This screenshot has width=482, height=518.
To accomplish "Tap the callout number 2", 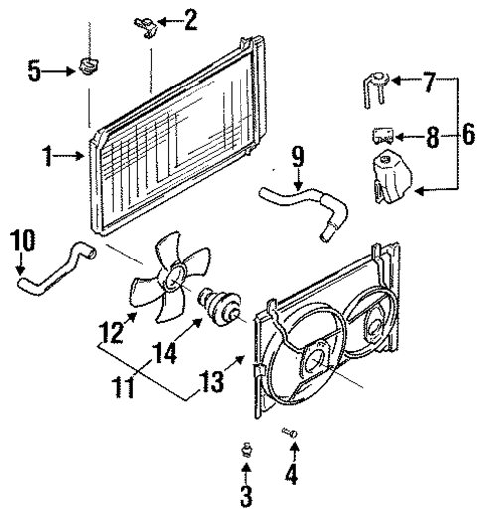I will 189,17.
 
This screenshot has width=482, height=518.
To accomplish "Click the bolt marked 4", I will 289,433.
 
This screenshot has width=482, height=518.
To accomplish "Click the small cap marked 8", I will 379,134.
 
